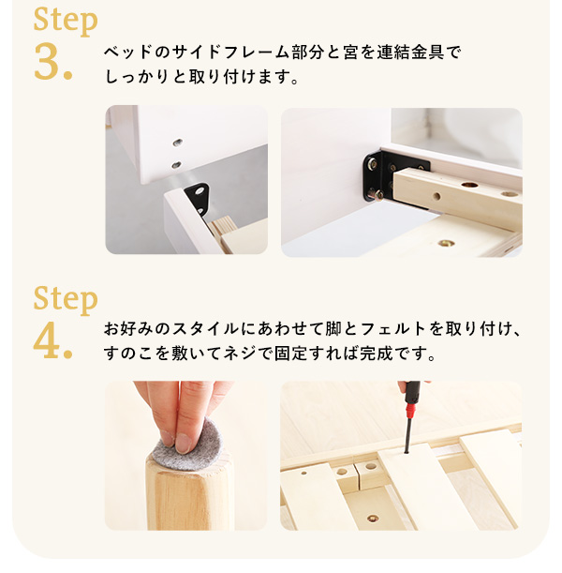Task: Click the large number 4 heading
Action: coord(52,340)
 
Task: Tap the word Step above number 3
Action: coord(66,20)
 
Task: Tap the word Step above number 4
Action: coord(66,299)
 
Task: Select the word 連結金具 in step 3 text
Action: coord(410,52)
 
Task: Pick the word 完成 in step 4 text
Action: coord(377,353)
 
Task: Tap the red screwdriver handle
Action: coord(412,400)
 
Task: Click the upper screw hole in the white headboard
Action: coord(178,143)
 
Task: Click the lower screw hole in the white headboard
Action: coord(176,165)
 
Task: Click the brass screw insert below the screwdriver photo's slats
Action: coord(373,518)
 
